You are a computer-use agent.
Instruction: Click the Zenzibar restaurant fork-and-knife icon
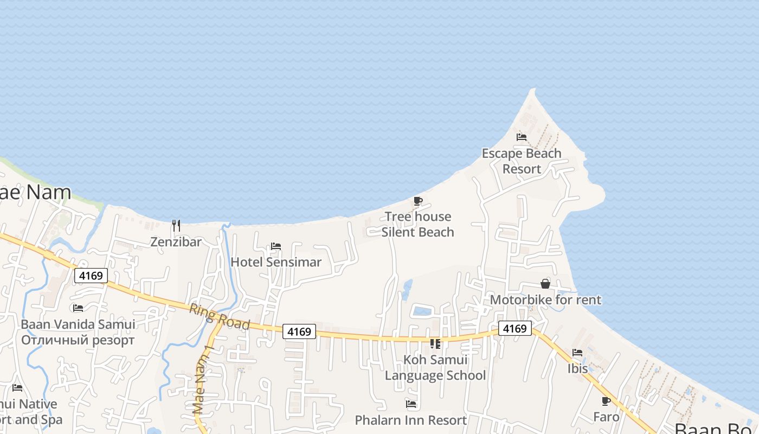point(176,225)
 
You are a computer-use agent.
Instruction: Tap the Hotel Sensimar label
point(276,262)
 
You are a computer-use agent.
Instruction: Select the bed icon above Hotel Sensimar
point(276,246)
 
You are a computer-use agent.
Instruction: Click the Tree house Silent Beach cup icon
point(417,201)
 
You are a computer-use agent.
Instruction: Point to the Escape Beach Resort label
point(522,161)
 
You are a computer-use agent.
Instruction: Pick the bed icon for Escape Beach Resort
point(522,137)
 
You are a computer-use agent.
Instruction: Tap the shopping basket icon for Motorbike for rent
point(545,284)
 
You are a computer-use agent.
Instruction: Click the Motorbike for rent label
point(545,299)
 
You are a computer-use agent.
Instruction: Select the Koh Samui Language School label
point(435,367)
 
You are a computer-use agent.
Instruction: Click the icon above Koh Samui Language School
point(435,343)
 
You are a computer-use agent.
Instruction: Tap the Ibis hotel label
point(577,368)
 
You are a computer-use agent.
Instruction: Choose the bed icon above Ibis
point(577,353)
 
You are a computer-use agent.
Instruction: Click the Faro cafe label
point(606,417)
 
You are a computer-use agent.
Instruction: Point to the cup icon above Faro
point(606,401)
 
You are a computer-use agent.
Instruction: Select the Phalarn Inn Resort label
point(410,420)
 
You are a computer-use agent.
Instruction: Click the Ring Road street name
point(219,316)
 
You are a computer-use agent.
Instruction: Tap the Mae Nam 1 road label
point(204,380)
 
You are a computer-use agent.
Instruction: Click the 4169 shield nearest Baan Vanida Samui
point(91,276)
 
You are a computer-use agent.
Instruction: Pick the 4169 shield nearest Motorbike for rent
point(514,328)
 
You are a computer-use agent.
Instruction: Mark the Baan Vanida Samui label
point(78,324)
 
